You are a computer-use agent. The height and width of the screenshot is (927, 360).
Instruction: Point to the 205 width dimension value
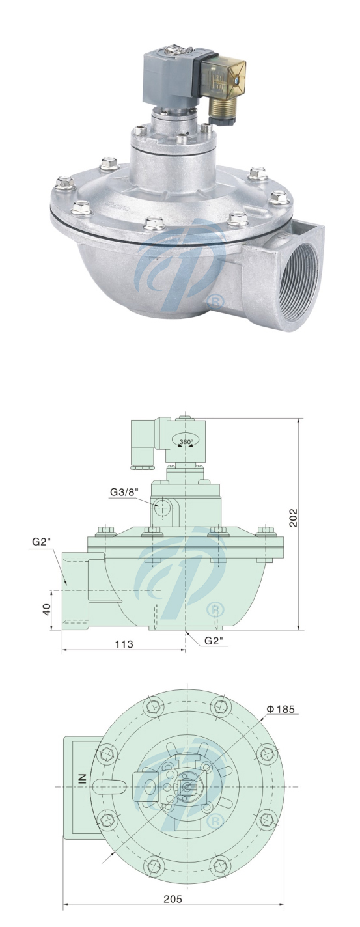point(173,898)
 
